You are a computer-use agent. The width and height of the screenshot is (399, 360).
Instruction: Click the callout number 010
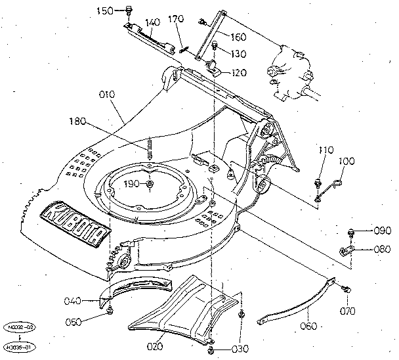[x=107, y=95]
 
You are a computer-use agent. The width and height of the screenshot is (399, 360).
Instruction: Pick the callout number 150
[x=105, y=11]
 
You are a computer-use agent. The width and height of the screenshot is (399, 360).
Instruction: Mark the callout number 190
[x=131, y=184]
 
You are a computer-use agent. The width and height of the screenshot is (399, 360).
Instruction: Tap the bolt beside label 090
[x=351, y=231]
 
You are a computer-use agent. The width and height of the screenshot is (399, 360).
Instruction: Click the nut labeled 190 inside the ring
[x=150, y=185]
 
